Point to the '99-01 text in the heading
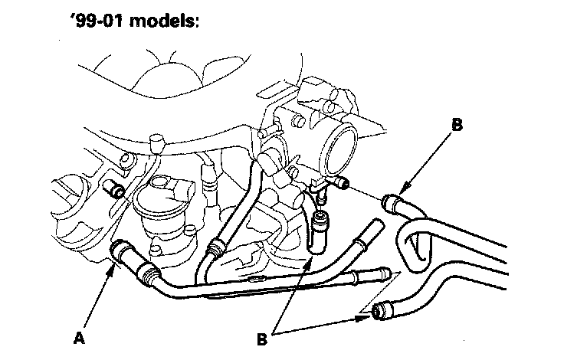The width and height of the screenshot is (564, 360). [x=99, y=21]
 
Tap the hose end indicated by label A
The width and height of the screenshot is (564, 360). [x=121, y=250]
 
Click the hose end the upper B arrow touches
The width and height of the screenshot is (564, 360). [x=392, y=203]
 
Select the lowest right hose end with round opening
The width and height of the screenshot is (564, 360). [x=379, y=313]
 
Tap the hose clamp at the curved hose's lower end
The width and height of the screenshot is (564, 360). [x=216, y=247]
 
